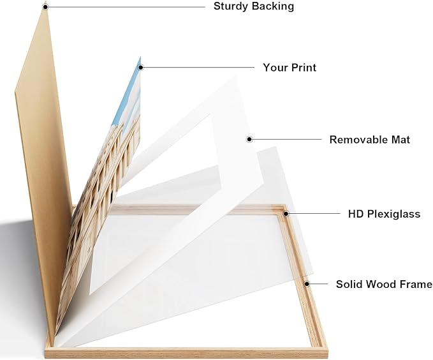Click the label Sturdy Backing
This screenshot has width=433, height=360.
[254, 6]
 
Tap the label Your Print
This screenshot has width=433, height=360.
[290, 68]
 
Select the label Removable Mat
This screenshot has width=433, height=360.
[369, 140]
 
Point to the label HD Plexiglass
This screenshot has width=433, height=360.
[384, 214]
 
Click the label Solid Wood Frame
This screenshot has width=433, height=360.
[384, 284]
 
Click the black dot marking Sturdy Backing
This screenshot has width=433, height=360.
[46, 6]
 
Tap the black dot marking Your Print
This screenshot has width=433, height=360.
[140, 67]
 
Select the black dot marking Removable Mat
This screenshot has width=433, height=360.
[249, 139]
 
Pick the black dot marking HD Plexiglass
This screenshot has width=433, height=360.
[286, 213]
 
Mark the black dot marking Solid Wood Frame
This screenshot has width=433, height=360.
[307, 283]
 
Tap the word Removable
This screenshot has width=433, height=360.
[358, 140]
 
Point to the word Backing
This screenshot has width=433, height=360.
[274, 6]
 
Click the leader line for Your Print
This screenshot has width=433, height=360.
[198, 67]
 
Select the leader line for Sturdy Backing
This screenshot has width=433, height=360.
[126, 6]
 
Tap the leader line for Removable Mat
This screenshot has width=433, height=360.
[286, 139]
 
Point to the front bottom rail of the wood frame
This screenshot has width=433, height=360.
[187, 353]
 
